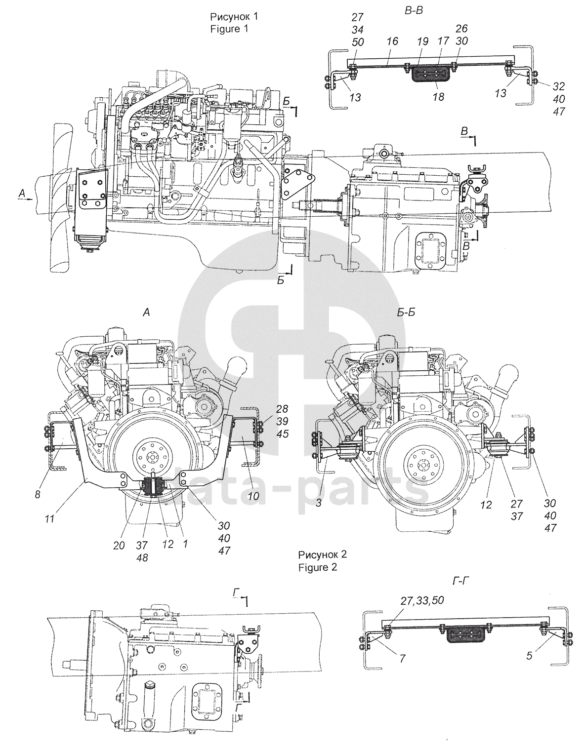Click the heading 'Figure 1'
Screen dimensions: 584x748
(229, 29)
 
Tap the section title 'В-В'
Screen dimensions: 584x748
(414, 11)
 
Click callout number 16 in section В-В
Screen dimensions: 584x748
(392, 41)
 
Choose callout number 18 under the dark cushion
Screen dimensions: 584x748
(438, 97)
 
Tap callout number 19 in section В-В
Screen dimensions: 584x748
(422, 41)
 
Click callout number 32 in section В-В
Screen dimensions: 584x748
(559, 86)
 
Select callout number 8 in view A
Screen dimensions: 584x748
(38, 494)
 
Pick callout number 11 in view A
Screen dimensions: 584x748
(49, 518)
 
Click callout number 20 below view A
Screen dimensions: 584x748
(119, 546)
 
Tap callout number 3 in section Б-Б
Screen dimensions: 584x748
(319, 503)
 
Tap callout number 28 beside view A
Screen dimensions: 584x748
(282, 409)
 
